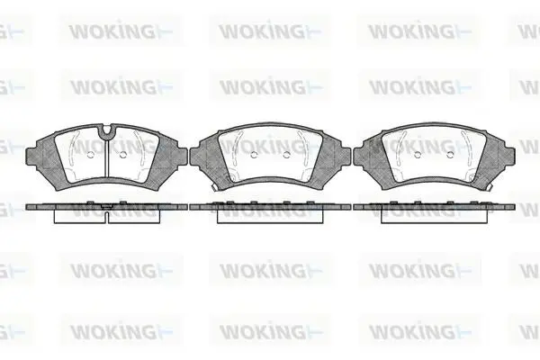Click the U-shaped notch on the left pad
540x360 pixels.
107,130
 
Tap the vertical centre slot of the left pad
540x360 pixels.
107,156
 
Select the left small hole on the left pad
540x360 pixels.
90,155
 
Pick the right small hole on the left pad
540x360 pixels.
123,155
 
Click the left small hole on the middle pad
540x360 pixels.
254,155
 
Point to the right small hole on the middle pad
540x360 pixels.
286,155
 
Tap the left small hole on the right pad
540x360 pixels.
418,155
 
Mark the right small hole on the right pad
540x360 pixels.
450,155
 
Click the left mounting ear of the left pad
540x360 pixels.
31,155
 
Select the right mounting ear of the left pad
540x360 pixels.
182,155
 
